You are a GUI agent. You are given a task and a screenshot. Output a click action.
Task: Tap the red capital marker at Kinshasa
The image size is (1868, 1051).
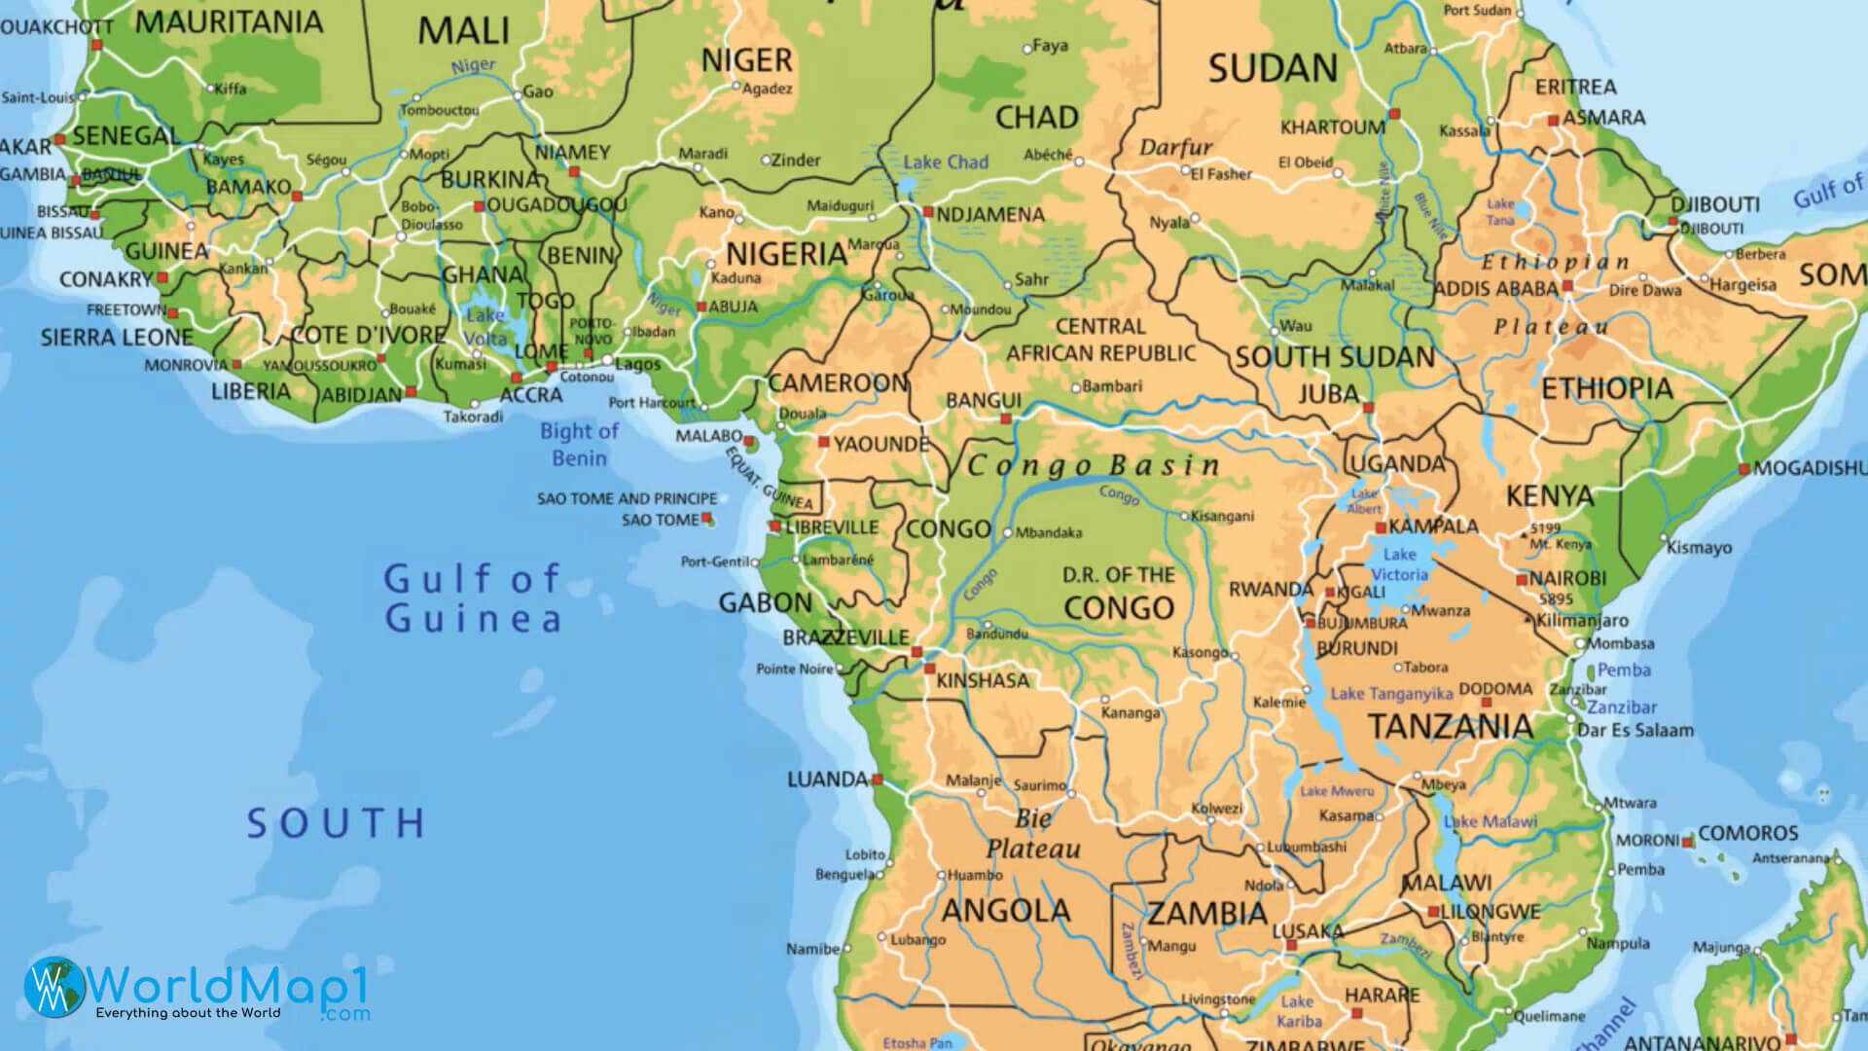pos(929,669)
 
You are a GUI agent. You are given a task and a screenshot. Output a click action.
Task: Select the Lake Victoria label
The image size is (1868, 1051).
pos(1399,564)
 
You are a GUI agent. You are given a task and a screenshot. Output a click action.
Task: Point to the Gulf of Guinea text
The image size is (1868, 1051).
pos(473,598)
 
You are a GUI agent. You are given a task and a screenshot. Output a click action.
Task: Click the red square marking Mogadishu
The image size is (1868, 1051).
pos(1744,469)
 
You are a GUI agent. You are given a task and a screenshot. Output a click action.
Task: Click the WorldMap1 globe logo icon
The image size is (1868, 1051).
pos(55,987)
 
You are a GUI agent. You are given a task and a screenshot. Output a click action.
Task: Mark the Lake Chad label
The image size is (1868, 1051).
pos(945,163)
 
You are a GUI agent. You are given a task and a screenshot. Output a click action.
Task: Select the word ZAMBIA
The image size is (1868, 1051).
pos(1207,913)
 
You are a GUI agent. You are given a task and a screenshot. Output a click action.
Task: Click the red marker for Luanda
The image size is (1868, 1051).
pos(878,779)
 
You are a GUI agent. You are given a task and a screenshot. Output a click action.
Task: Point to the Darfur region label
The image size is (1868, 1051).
pos(1175,148)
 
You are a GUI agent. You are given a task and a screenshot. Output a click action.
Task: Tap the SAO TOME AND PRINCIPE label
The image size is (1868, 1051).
pos(627,498)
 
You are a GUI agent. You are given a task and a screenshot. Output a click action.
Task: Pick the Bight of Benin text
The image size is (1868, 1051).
pos(579,444)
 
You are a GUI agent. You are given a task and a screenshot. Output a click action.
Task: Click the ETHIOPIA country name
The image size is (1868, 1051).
pos(1606,388)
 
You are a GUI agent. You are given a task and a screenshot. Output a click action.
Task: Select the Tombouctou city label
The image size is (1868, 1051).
pos(440,111)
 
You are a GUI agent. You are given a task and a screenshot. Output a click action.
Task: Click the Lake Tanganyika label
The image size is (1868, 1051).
pos(1391,694)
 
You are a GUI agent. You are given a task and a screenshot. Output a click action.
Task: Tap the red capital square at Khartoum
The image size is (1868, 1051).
pos(1394,115)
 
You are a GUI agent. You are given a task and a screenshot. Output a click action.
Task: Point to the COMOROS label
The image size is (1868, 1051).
pos(1748,833)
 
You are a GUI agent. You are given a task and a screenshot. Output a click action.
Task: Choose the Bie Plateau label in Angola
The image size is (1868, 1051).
pos(1033,833)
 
